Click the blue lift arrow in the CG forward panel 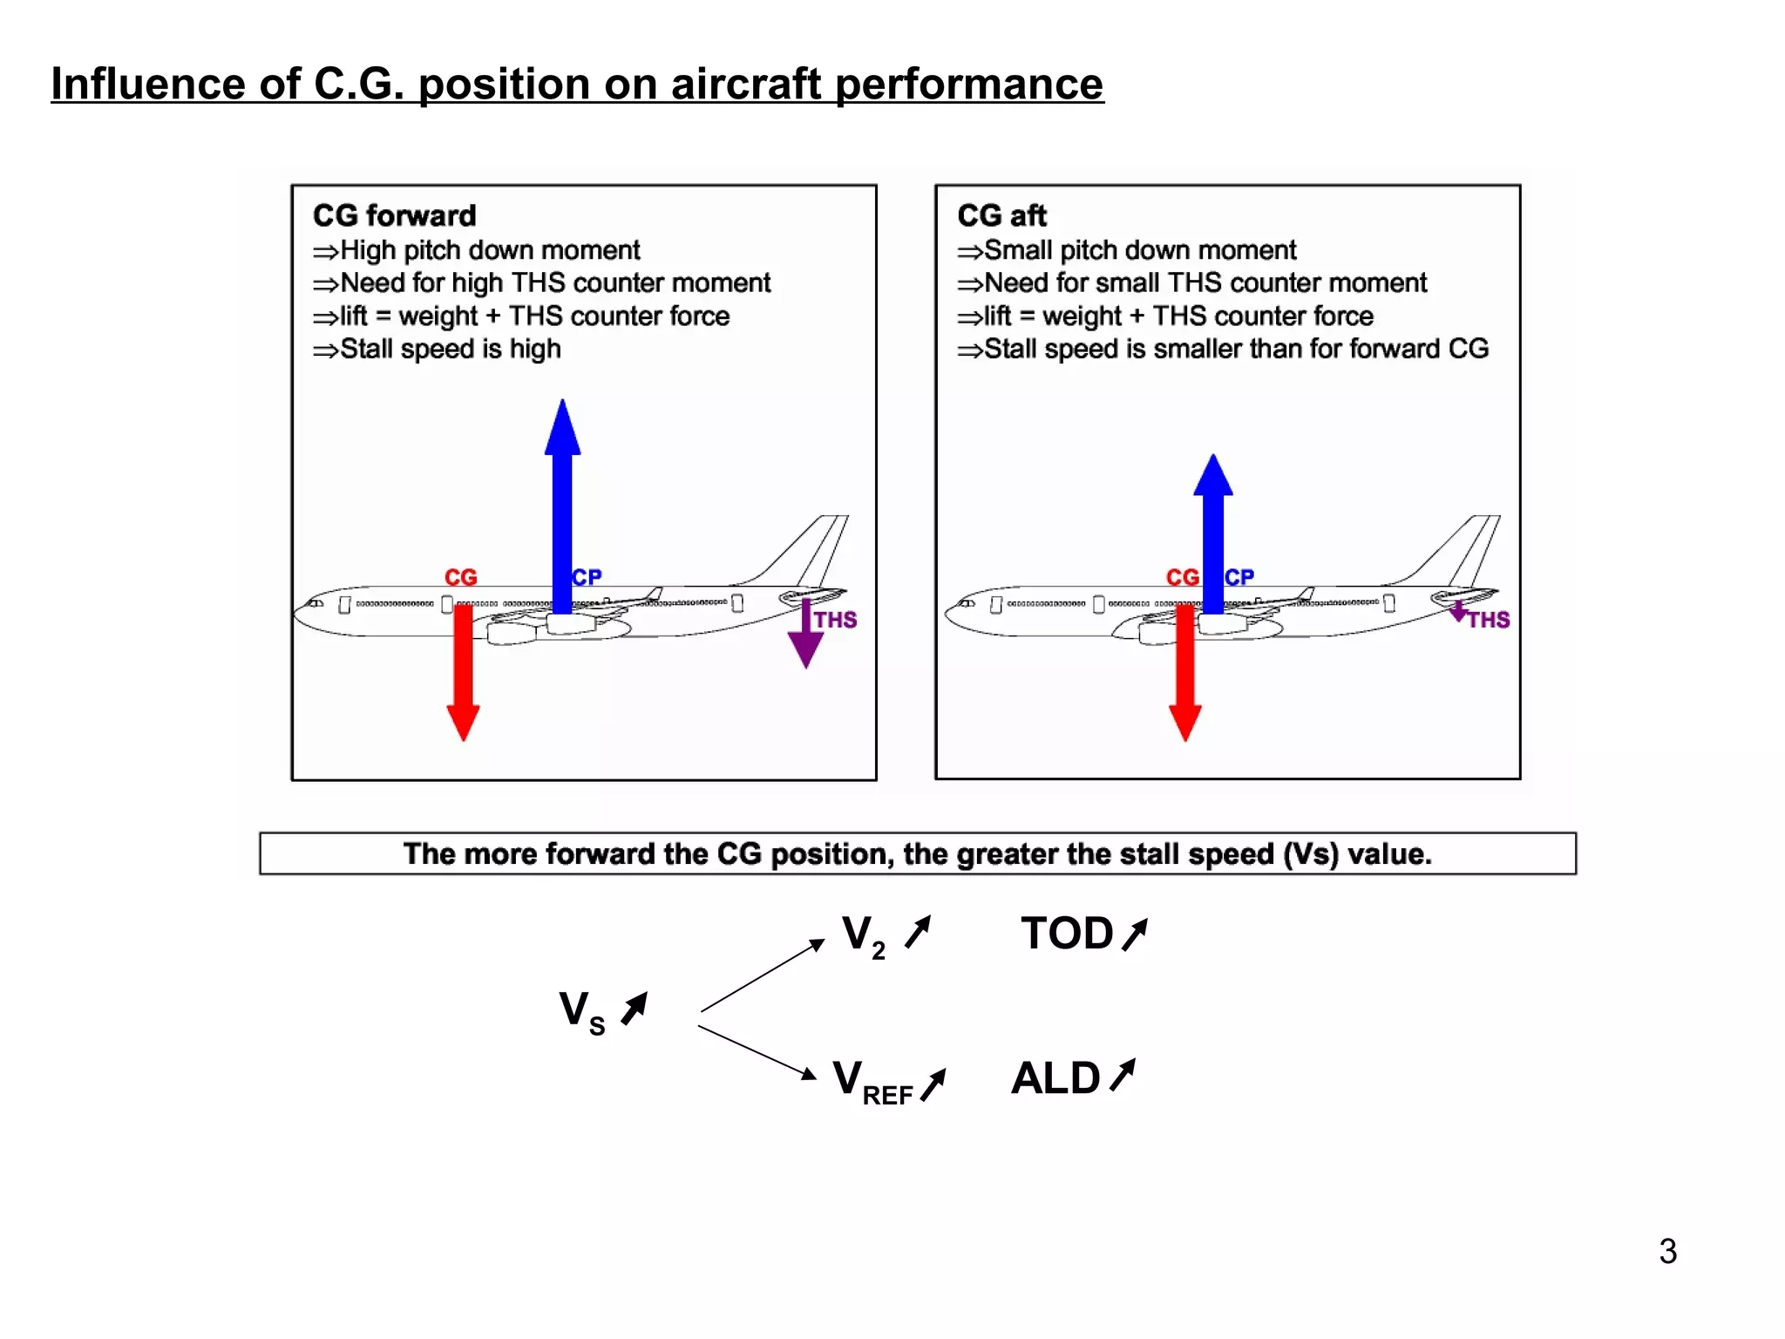(x=562, y=506)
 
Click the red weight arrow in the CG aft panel (x=1184, y=671)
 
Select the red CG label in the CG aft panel (x=1182, y=577)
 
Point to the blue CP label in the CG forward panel (x=587, y=577)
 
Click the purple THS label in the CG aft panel (x=1488, y=620)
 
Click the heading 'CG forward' (x=395, y=215)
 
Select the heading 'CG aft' (x=1001, y=215)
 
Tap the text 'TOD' (x=1067, y=934)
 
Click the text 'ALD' (x=1055, y=1078)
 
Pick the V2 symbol (x=863, y=935)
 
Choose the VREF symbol (x=872, y=1081)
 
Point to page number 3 (x=1667, y=1251)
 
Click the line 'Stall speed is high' (x=449, y=349)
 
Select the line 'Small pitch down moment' (x=1138, y=250)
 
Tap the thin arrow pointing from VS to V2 (x=762, y=975)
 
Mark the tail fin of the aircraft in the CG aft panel (x=1464, y=549)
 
